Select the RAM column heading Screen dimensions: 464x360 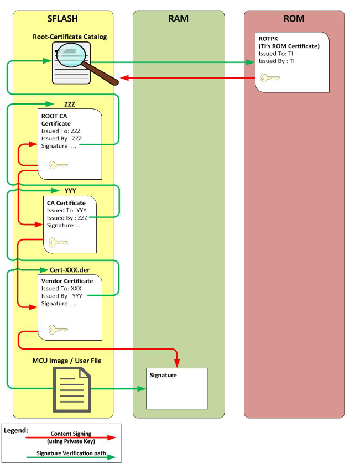click(x=178, y=19)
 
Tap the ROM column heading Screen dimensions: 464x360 click(x=294, y=19)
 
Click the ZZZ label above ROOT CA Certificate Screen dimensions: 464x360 click(x=70, y=104)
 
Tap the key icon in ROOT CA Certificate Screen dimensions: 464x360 click(x=59, y=165)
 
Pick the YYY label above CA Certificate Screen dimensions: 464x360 click(x=70, y=191)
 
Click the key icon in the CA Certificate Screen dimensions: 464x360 click(x=58, y=242)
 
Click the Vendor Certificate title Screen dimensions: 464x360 click(x=67, y=281)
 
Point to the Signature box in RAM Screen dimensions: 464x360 click(x=176, y=388)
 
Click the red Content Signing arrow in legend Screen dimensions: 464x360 click(x=71, y=437)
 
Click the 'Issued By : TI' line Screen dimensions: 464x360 click(x=277, y=61)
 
